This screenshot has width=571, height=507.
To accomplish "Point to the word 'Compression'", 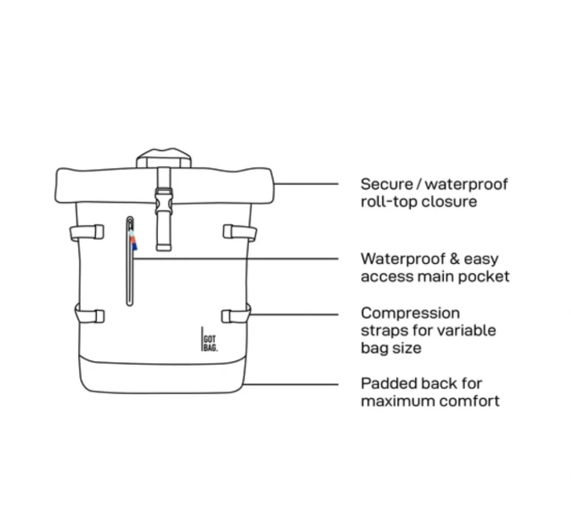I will tap(410, 313).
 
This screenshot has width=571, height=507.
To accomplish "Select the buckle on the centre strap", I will tap(163, 201).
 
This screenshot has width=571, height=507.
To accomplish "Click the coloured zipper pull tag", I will tap(133, 242).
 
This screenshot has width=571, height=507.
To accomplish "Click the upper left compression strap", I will tap(87, 232).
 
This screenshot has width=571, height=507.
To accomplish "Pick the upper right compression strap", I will tap(239, 232).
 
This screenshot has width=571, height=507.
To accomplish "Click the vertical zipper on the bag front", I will tap(129, 276).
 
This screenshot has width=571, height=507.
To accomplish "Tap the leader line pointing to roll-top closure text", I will tap(307, 184).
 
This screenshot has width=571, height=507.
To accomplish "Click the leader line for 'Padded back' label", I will tap(292, 384).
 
